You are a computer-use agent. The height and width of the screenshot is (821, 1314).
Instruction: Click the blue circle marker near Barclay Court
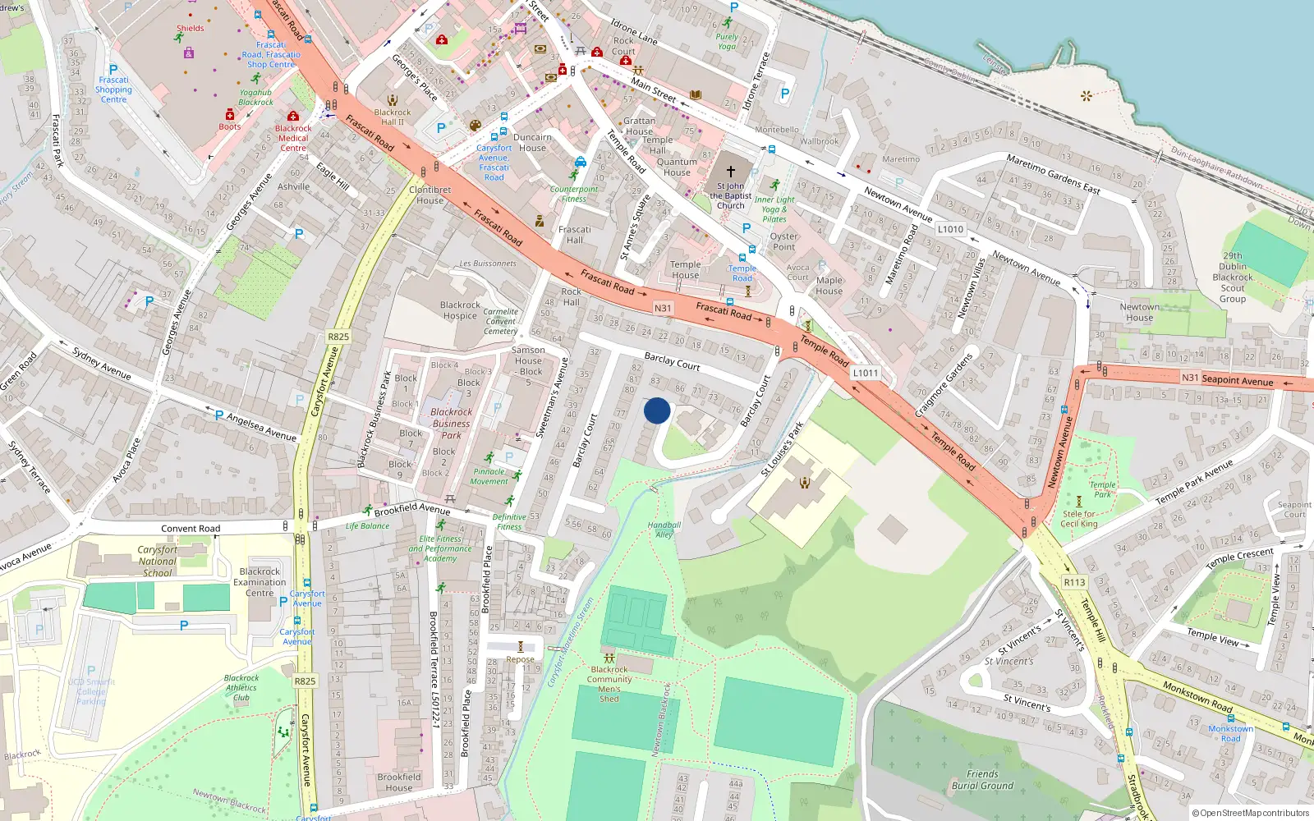coord(657,410)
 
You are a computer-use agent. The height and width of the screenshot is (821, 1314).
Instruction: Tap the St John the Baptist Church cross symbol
coord(730,172)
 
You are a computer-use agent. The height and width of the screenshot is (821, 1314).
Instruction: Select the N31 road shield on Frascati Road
coord(663,308)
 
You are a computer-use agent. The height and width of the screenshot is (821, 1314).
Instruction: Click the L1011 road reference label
coord(865,373)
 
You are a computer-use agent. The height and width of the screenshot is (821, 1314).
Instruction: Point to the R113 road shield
coord(1074,582)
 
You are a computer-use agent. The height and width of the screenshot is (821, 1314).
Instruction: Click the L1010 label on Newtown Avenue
coord(950,229)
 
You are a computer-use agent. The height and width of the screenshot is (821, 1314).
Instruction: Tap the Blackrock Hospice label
coord(460,310)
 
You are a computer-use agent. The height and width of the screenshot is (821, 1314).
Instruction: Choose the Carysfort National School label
coord(157,562)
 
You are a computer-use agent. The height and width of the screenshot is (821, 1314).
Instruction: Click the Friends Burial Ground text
coord(982,780)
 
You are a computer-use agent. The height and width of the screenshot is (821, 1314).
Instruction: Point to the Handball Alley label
coord(664,530)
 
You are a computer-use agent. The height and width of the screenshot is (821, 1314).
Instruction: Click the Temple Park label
coord(1102,489)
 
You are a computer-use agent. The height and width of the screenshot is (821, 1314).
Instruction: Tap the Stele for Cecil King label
coord(1078,519)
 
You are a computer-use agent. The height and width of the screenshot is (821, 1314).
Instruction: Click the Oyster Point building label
coord(783,241)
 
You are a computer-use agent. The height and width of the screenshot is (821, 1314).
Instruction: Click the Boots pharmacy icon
coord(230,115)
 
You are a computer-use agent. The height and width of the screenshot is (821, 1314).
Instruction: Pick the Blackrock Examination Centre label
coord(260,582)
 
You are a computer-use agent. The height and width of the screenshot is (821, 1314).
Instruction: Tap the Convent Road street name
coord(191,529)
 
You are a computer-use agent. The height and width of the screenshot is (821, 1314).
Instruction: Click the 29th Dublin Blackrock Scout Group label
coord(1232,277)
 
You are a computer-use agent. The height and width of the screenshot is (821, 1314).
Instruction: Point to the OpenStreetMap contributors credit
coord(1250,813)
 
